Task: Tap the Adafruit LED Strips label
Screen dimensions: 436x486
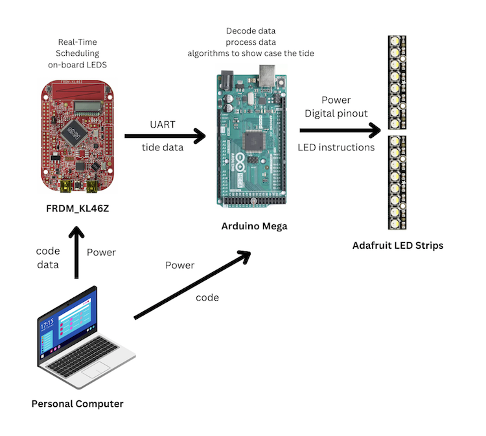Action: (398, 246)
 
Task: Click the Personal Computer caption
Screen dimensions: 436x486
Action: (77, 404)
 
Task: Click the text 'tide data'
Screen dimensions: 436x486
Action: (163, 147)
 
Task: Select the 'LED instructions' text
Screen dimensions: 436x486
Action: (336, 147)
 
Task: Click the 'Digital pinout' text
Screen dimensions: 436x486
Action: (336, 113)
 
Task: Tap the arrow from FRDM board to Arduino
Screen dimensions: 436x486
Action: (165, 136)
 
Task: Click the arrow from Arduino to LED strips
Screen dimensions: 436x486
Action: (340, 131)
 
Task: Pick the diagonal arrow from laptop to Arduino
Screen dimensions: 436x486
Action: (192, 284)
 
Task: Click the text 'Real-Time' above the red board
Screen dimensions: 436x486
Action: (77, 42)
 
